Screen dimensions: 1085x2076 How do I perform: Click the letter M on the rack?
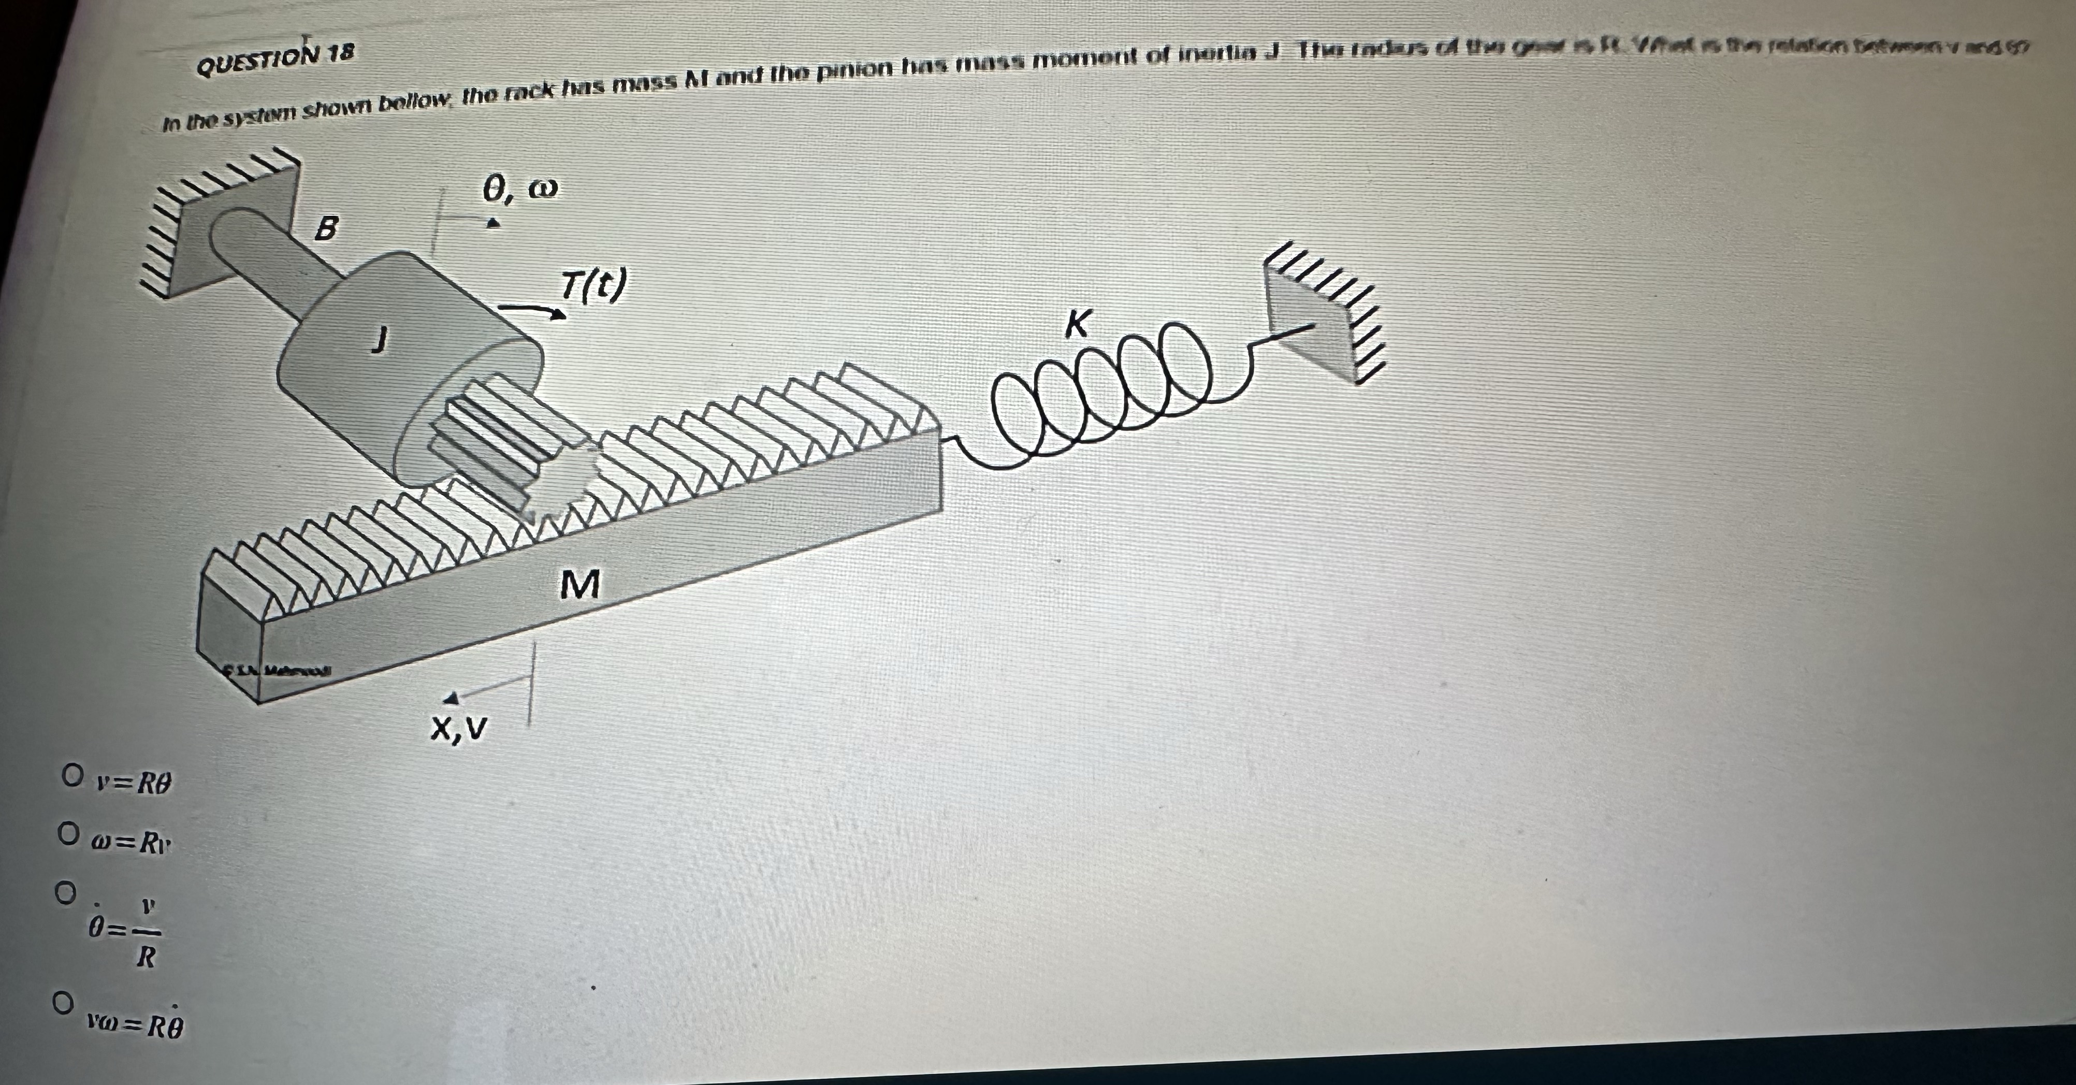(580, 584)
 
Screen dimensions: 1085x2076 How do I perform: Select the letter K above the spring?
(1078, 324)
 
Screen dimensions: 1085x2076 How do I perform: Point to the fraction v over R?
(146, 933)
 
